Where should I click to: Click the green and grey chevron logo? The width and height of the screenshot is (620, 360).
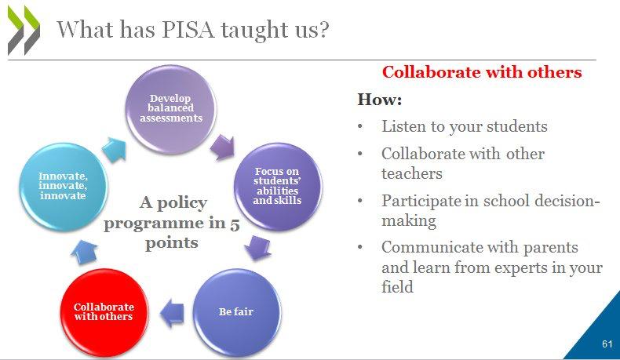[24, 30]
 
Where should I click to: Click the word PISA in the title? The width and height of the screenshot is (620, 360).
[188, 30]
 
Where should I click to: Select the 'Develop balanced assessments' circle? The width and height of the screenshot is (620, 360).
[171, 109]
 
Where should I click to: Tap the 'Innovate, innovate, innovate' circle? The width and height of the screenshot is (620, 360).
[64, 187]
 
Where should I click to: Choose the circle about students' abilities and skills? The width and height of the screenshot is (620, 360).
[278, 187]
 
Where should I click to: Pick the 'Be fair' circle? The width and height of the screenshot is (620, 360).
[237, 312]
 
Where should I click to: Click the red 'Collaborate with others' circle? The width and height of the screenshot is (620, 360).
[104, 312]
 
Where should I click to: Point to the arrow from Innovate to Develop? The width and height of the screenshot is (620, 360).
[115, 150]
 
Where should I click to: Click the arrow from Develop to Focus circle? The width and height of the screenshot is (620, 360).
[223, 147]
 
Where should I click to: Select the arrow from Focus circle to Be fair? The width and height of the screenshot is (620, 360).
[257, 248]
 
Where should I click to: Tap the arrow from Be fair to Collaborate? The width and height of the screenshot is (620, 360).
[172, 313]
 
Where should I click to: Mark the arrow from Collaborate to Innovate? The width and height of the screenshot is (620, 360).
[84, 252]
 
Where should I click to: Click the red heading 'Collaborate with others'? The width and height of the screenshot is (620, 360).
[482, 72]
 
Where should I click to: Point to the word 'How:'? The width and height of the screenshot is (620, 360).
[380, 99]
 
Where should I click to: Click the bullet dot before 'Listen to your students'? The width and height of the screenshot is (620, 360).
[360, 127]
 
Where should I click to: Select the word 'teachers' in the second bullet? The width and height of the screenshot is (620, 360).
[412, 173]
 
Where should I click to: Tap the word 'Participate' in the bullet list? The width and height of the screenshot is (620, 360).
[421, 201]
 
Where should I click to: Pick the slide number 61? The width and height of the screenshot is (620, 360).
[607, 344]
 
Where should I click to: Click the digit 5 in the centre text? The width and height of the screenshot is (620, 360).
[235, 224]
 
